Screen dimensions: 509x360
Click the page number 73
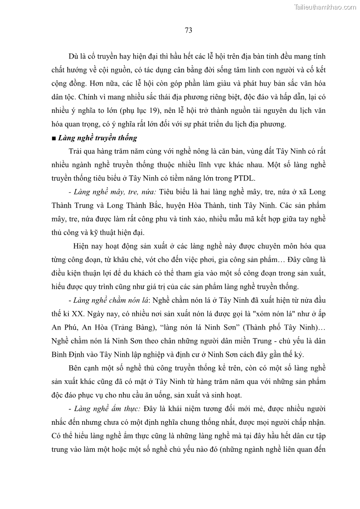click(x=189, y=30)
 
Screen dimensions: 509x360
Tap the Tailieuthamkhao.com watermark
click(x=325, y=7)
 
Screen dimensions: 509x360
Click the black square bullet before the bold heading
click(x=54, y=138)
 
